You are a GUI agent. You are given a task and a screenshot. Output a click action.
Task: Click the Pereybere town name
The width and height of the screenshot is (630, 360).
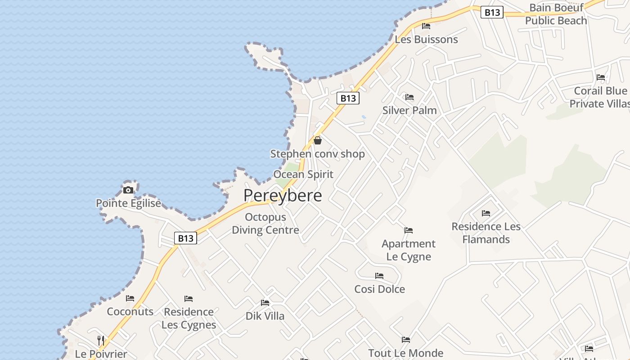283,196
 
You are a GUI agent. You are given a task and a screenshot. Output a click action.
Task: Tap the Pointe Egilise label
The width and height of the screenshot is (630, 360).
128,203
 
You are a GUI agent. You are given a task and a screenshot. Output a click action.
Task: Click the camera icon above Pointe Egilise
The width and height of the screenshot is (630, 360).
128,190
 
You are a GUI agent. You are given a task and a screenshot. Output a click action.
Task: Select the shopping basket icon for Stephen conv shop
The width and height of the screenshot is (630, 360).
318,140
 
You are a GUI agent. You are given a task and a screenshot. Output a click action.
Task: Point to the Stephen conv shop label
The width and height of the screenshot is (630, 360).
317,154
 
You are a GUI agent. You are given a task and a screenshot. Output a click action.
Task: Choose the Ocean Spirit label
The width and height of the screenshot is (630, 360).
303,175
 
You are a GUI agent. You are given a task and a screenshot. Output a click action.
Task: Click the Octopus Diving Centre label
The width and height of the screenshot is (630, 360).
265,224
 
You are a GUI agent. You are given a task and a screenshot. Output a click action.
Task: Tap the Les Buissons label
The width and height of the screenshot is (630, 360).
426,40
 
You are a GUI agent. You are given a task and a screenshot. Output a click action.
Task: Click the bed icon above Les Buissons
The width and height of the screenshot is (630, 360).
426,26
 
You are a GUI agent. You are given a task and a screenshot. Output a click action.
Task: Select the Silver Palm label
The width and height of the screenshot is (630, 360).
409,110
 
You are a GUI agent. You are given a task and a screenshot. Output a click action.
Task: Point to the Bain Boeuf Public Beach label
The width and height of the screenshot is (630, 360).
556,14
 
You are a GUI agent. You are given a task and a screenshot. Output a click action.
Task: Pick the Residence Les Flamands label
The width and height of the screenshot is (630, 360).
486,233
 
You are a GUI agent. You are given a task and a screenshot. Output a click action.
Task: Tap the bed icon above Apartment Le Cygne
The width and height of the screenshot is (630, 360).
409,230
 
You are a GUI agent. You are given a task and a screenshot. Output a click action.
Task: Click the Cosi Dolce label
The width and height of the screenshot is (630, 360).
379,289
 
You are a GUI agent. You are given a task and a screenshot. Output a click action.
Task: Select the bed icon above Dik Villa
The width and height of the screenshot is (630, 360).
265,303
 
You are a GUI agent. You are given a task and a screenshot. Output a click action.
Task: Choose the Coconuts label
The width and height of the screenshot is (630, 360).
130,311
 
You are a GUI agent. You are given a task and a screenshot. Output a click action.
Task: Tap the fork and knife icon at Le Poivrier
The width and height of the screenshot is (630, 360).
101,341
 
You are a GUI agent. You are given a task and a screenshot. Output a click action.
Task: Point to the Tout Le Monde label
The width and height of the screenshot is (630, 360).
405,353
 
